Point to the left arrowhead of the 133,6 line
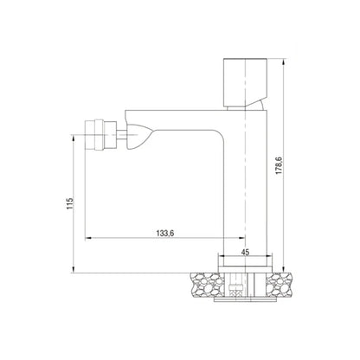pos(87,238)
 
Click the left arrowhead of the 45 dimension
pos(219,257)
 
